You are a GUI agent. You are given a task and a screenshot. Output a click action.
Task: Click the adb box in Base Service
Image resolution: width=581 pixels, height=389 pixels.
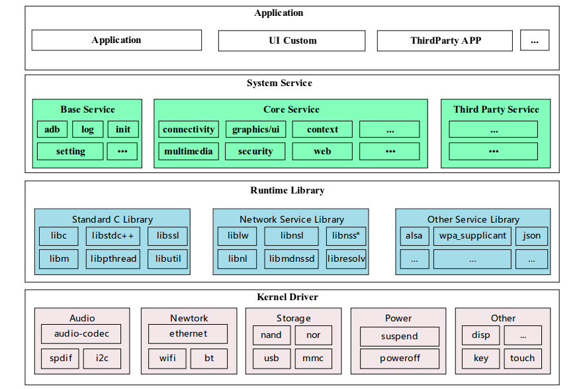(52, 129)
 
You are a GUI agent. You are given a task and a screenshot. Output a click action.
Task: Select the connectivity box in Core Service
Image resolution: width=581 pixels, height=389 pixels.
(189, 129)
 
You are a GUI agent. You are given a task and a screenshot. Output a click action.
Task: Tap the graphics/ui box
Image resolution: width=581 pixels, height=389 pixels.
(255, 129)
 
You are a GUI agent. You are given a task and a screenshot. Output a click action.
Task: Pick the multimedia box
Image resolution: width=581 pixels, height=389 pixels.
(189, 151)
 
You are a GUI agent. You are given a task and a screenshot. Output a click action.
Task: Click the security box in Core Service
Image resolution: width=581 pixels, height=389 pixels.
(255, 151)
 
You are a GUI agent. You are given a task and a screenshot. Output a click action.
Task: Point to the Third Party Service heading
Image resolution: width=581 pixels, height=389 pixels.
(496, 109)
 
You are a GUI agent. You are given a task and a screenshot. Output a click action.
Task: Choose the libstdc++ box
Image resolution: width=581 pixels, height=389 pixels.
(112, 236)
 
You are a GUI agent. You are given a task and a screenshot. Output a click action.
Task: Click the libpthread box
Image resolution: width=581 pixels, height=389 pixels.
(112, 258)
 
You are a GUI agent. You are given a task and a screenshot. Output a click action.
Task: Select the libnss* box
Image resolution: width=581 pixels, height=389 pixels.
(346, 236)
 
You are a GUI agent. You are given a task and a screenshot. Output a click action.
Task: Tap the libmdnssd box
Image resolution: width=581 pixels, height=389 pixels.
(291, 258)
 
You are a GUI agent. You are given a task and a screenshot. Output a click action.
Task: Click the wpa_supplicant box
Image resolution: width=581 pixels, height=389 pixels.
(472, 236)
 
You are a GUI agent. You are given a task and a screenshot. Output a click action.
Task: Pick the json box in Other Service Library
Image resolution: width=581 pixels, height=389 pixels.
(531, 236)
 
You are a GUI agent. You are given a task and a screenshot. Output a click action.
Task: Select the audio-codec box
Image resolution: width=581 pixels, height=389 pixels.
(82, 334)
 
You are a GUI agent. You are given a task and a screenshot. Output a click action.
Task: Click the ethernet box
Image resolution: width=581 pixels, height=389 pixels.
(188, 334)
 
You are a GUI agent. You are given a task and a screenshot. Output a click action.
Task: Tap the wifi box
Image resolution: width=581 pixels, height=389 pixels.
(167, 359)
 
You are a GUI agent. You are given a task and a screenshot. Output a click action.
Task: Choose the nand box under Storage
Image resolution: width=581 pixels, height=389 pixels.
(271, 335)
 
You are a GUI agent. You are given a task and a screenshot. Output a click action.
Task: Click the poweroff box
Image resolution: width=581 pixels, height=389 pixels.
(399, 359)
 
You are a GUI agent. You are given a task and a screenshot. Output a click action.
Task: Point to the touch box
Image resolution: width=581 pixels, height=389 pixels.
(522, 359)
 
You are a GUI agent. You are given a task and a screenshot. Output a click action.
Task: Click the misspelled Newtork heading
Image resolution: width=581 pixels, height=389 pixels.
(189, 318)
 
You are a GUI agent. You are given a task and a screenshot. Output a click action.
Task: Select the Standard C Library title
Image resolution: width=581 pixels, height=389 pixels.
(112, 219)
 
